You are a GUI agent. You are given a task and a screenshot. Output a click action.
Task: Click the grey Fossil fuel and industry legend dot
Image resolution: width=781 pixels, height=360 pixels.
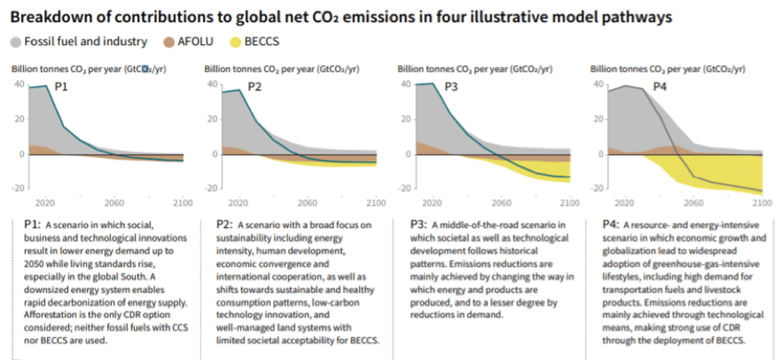click(x=16, y=42)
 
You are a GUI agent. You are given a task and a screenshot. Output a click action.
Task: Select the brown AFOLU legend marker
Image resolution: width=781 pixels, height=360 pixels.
click(x=169, y=42)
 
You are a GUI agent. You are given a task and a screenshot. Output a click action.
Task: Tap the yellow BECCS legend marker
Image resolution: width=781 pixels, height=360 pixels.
click(x=235, y=42)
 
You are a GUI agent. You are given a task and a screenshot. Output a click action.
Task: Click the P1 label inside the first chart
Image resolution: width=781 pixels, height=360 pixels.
click(x=61, y=87)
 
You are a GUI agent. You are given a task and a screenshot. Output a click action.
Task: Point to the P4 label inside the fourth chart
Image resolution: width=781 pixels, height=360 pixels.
click(x=660, y=87)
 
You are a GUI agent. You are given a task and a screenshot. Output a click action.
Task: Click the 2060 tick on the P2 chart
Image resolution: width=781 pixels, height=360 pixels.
click(x=307, y=203)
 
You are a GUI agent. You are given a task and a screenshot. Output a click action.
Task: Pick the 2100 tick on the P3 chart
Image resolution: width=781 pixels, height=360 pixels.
click(x=569, y=203)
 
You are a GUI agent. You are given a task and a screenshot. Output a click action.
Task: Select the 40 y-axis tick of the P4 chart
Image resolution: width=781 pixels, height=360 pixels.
click(x=598, y=84)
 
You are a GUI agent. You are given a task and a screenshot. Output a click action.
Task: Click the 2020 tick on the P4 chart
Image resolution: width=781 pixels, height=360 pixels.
click(x=625, y=203)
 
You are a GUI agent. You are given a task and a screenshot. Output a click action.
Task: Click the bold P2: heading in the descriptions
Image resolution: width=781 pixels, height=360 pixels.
click(x=225, y=225)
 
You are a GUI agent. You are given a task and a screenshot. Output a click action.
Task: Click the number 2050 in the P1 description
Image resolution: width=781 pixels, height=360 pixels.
click(x=35, y=263)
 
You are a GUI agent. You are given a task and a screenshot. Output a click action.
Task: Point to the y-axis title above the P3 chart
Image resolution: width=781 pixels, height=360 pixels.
click(x=474, y=69)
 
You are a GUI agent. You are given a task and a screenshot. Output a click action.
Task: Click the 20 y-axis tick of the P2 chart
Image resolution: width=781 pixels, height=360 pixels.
click(x=212, y=119)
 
